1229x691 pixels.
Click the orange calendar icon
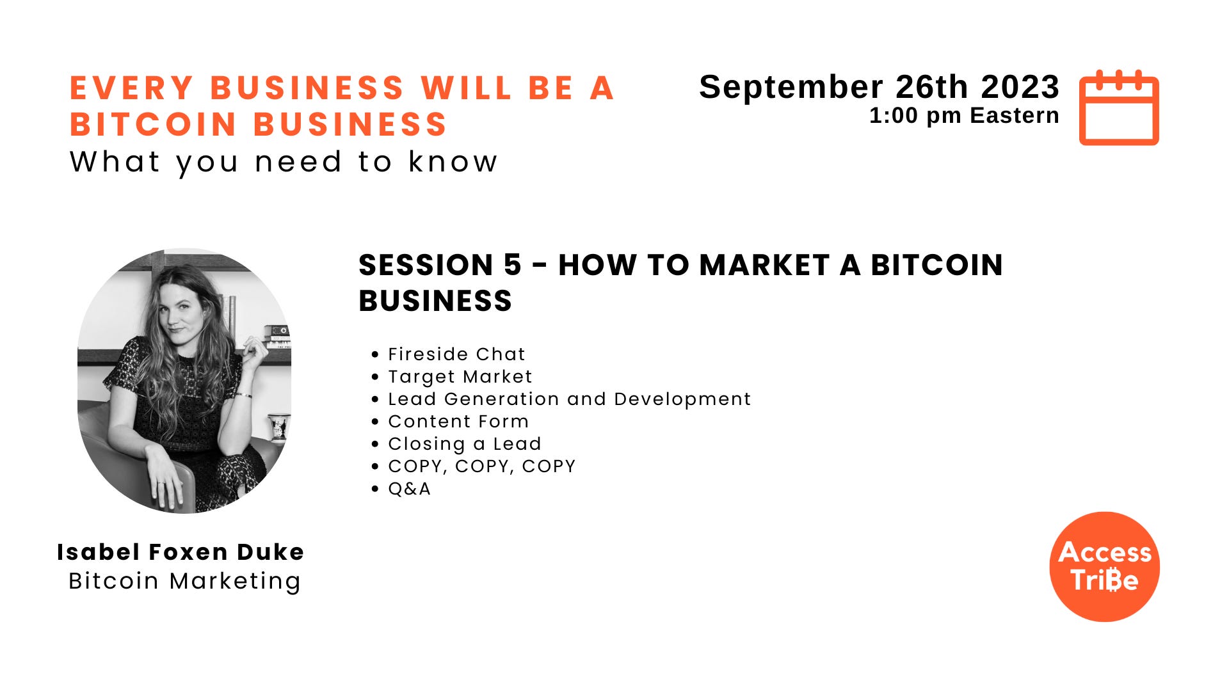[x=1119, y=107]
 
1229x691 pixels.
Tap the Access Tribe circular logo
[x=1104, y=566]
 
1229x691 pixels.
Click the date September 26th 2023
[x=879, y=87]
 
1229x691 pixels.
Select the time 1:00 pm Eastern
[x=963, y=116]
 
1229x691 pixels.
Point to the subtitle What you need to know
[x=284, y=162]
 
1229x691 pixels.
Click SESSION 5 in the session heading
[x=440, y=265]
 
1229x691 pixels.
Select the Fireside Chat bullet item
[x=456, y=354]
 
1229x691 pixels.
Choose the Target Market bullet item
[x=460, y=377]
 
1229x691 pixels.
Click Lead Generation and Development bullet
[x=569, y=399]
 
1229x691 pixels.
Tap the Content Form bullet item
[x=458, y=422]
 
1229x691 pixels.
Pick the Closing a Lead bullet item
[x=464, y=444]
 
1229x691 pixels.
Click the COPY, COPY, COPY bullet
[x=481, y=466]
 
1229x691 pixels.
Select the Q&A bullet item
[x=409, y=489]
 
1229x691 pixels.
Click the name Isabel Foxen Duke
[x=181, y=552]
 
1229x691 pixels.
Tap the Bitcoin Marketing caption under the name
[x=184, y=581]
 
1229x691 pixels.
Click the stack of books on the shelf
[x=277, y=336]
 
